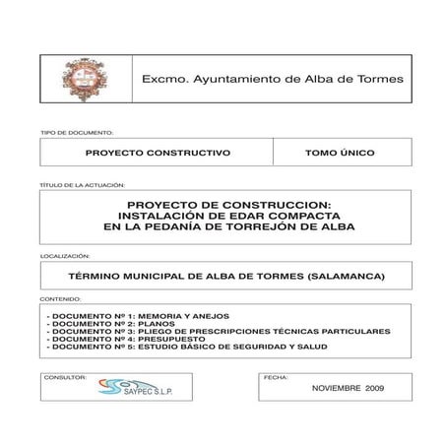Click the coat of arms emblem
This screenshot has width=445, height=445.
[84, 79]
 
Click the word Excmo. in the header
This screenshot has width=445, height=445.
[163, 79]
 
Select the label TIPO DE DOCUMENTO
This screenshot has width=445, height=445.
[76, 132]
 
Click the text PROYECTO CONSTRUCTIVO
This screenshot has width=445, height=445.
[158, 154]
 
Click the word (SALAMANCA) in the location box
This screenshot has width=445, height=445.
[345, 276]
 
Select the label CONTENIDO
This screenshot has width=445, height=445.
[61, 297]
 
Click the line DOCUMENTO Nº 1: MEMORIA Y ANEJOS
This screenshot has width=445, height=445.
[138, 315]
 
